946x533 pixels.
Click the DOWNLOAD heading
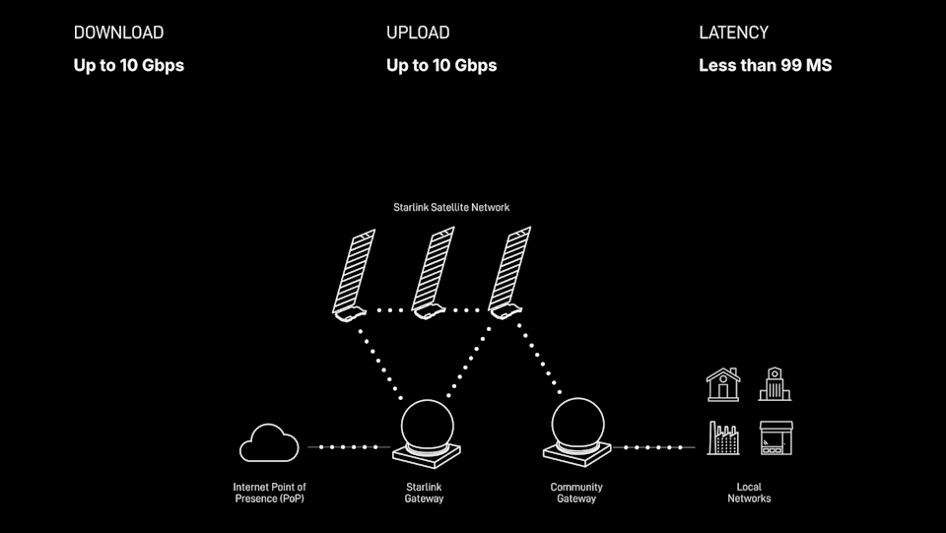pyautogui.click(x=118, y=33)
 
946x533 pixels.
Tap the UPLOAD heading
pyautogui.click(x=418, y=33)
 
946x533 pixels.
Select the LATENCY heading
pyautogui.click(x=733, y=33)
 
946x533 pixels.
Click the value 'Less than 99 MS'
pyautogui.click(x=765, y=65)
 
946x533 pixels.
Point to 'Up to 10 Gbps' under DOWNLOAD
pyautogui.click(x=128, y=66)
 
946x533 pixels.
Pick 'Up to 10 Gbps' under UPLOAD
pyautogui.click(x=441, y=66)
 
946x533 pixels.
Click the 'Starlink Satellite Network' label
pyautogui.click(x=451, y=208)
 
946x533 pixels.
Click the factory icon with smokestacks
pyautogui.click(x=722, y=439)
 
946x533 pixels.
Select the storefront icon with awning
pyautogui.click(x=776, y=437)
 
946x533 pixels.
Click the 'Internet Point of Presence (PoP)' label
pyautogui.click(x=270, y=493)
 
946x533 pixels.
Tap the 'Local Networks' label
pyautogui.click(x=749, y=493)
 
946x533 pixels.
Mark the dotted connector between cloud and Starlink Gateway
pyautogui.click(x=349, y=447)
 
